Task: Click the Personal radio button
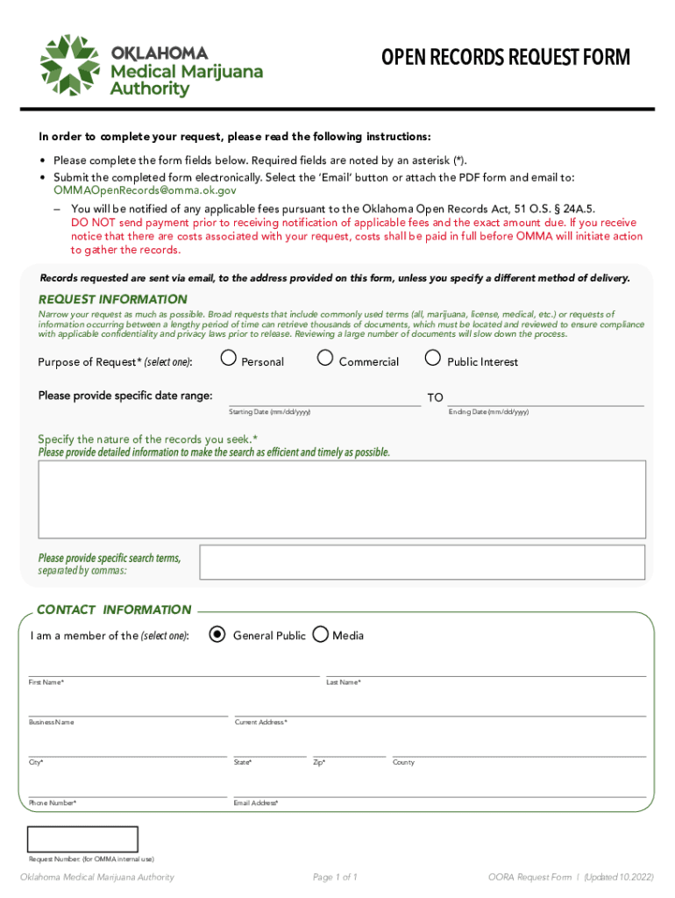pyautogui.click(x=229, y=358)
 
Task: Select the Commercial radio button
pyautogui.click(x=325, y=358)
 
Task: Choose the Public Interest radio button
pyautogui.click(x=432, y=358)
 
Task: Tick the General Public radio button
pyautogui.click(x=217, y=635)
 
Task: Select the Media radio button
pyautogui.click(x=321, y=635)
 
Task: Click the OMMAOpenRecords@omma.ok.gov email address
pyautogui.click(x=145, y=189)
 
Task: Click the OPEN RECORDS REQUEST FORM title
pyautogui.click(x=505, y=58)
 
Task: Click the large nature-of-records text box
pyautogui.click(x=342, y=500)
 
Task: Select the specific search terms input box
pyautogui.click(x=422, y=562)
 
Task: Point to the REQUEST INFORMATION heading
pyautogui.click(x=112, y=299)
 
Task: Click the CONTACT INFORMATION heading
pyautogui.click(x=114, y=609)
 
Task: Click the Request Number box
pyautogui.click(x=83, y=839)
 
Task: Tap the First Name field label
pyautogui.click(x=46, y=682)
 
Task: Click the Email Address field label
pyautogui.click(x=256, y=803)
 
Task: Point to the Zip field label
pyautogui.click(x=319, y=763)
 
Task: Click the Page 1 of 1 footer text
pyautogui.click(x=335, y=877)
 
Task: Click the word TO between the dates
pyautogui.click(x=435, y=398)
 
